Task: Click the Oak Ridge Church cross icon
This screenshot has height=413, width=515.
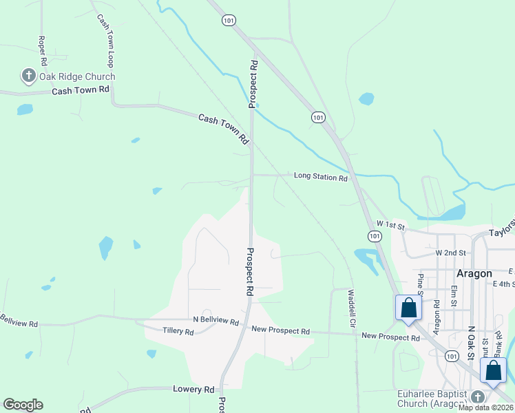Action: pyautogui.click(x=28, y=76)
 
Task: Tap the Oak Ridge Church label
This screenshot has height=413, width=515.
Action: pyautogui.click(x=76, y=76)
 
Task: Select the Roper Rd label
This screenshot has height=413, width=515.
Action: pyautogui.click(x=42, y=46)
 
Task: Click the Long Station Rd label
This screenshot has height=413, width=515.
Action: pyautogui.click(x=320, y=177)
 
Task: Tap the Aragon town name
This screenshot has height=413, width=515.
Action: pyautogui.click(x=474, y=273)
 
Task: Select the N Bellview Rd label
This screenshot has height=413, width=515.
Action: pyautogui.click(x=216, y=321)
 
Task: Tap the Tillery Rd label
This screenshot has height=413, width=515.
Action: pyautogui.click(x=178, y=331)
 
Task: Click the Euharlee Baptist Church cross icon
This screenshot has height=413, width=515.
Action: pyautogui.click(x=478, y=396)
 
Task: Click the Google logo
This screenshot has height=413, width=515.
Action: pyautogui.click(x=23, y=405)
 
